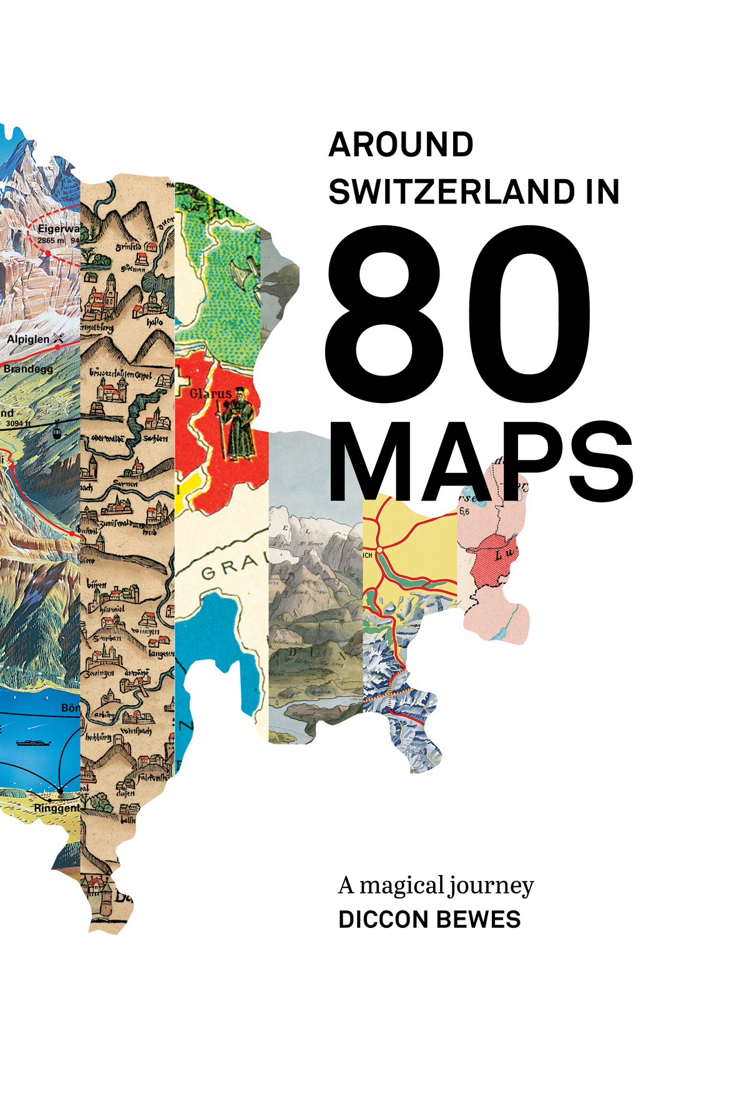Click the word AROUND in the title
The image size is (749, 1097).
pos(401,145)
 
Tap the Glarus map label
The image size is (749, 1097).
pos(210,394)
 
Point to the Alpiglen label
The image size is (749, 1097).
pos(28,339)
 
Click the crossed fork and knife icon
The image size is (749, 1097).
pos(59,338)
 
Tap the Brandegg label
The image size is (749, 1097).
pos(28,369)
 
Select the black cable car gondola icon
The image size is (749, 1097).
pos(57,431)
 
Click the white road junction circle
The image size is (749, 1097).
pos(379,548)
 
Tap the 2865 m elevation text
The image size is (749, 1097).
pos(51,240)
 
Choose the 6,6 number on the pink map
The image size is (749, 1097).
pos(464,512)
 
